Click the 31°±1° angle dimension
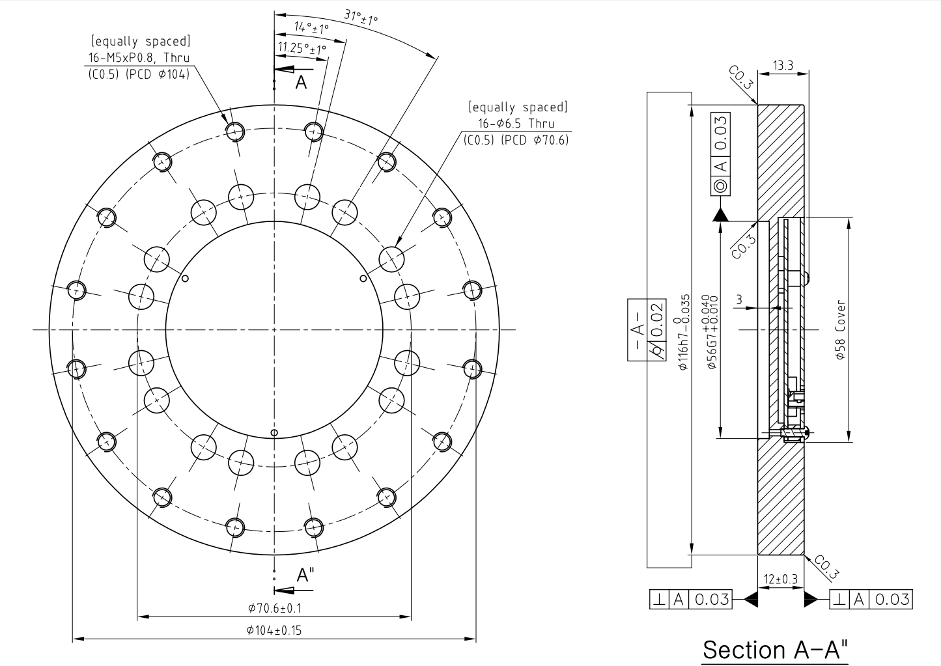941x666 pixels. [361, 18]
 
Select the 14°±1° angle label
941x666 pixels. [311, 27]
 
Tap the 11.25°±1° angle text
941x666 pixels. [302, 48]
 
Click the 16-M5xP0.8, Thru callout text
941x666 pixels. [139, 57]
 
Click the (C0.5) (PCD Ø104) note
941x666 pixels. [139, 74]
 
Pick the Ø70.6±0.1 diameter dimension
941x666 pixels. [274, 608]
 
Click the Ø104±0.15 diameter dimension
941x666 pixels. [274, 630]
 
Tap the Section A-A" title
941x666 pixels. [776, 649]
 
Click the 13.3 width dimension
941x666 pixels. [783, 65]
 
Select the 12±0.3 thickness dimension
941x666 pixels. [781, 579]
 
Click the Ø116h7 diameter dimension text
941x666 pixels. [683, 332]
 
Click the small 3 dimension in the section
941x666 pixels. [738, 299]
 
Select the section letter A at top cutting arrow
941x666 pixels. [300, 81]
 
